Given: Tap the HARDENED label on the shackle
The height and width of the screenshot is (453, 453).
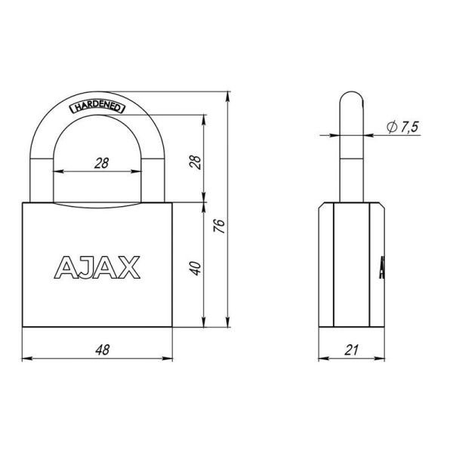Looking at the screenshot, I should tap(98, 106).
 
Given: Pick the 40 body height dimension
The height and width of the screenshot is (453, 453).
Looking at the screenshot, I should tap(194, 267).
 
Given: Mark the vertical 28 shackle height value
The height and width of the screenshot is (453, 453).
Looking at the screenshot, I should tap(194, 161).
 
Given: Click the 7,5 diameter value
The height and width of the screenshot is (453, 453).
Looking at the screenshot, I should tap(408, 128).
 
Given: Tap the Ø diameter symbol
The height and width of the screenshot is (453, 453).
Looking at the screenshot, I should tap(390, 128).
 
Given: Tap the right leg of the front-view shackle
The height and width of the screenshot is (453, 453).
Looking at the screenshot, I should tap(154, 174).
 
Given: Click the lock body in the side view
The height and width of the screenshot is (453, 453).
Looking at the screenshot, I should tap(352, 264).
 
